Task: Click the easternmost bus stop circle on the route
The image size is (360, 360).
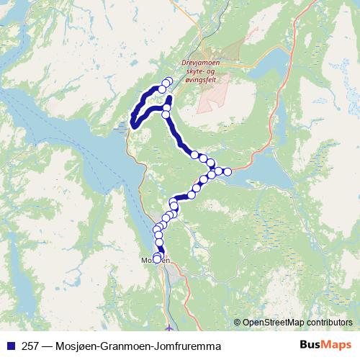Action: (228, 171)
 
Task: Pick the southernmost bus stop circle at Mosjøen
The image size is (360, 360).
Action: (157, 259)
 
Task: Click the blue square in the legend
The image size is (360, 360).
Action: (9, 346)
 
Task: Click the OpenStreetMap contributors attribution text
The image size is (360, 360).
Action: (298, 323)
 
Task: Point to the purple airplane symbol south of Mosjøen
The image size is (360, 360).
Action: (168, 330)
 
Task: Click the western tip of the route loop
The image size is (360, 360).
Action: (133, 125)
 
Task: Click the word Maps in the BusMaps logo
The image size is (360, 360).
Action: (333, 346)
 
